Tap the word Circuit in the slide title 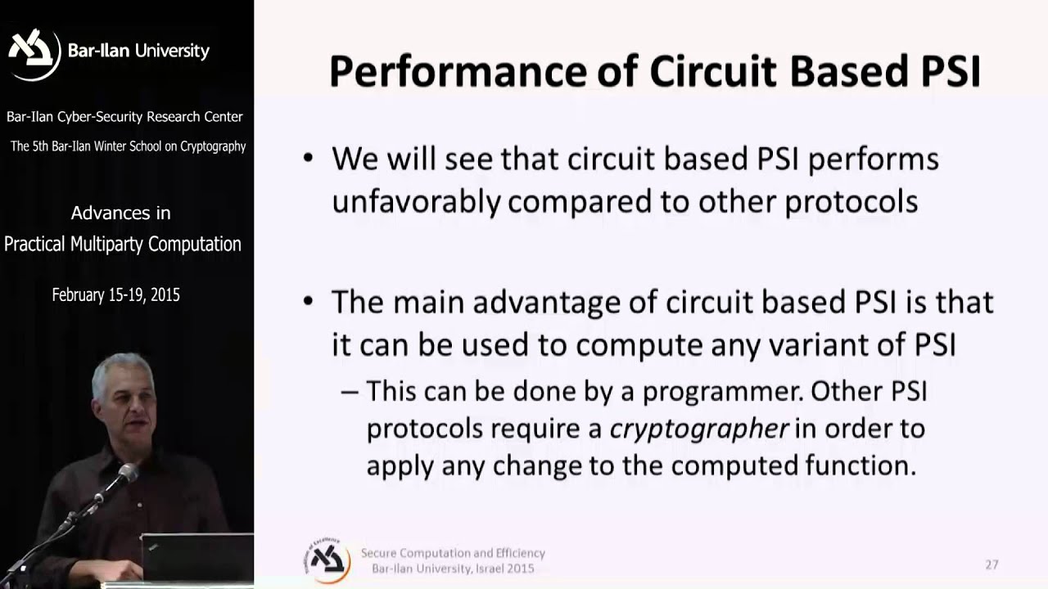[712, 72]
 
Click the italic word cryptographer [699, 429]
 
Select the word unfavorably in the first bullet [415, 201]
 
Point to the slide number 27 [992, 564]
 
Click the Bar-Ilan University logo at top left [34, 52]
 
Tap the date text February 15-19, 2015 [115, 295]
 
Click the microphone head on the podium [127, 472]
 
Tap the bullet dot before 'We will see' [308, 158]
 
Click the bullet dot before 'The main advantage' [308, 302]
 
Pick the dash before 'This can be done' [350, 392]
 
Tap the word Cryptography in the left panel [210, 146]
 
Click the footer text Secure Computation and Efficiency [453, 553]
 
